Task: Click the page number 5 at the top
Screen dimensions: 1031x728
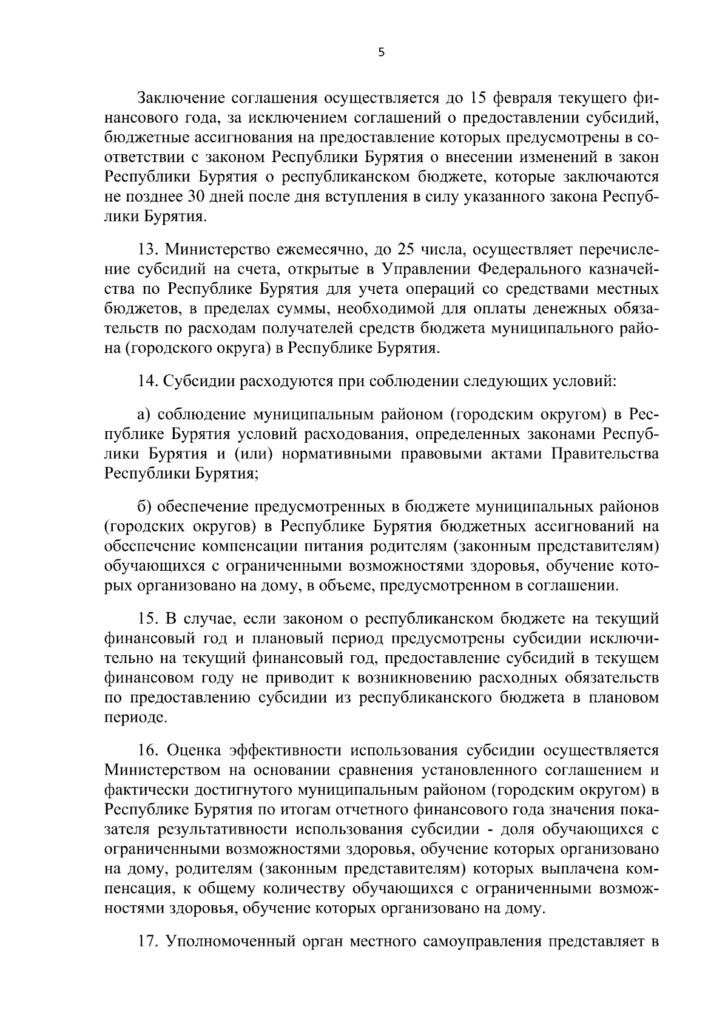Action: pos(380,53)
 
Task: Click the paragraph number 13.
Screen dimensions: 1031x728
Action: pos(148,250)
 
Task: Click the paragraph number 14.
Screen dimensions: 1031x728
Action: pos(148,382)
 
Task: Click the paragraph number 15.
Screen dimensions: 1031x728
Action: pos(148,619)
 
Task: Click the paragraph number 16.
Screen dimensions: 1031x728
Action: pos(148,751)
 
